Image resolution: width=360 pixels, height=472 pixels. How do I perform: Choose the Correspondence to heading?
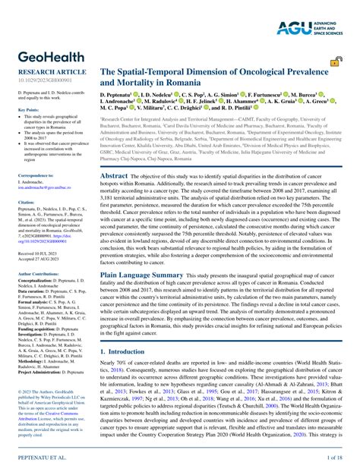(x=35, y=175)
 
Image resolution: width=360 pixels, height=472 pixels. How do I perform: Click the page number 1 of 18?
(x=334, y=460)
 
